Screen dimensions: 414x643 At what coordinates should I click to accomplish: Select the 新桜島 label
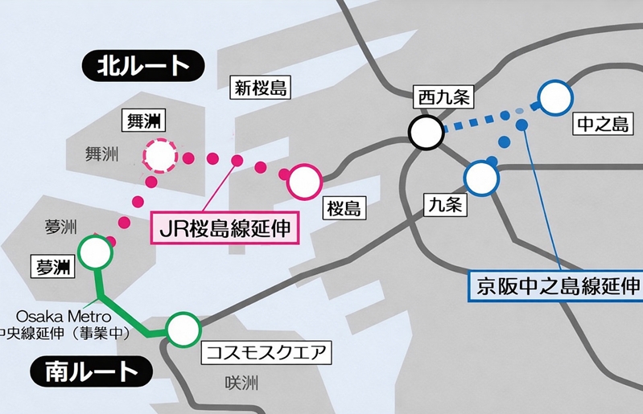[258, 87]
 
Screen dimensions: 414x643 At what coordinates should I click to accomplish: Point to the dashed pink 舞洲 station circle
[160, 156]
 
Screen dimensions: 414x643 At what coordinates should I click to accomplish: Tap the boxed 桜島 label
[344, 210]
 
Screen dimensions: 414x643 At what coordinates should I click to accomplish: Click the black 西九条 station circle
[425, 131]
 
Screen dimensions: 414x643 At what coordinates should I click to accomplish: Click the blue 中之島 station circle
[554, 98]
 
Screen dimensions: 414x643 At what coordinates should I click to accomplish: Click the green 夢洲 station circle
[97, 252]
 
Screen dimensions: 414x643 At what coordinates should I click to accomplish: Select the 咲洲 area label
[241, 384]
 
